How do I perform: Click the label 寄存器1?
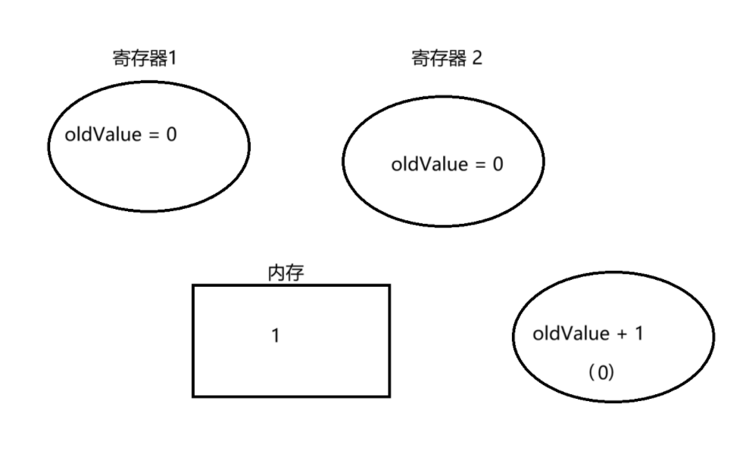point(144,59)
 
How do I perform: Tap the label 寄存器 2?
point(446,59)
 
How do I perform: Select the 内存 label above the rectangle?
point(286,273)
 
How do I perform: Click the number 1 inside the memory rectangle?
point(276,335)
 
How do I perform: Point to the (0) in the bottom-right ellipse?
point(601,373)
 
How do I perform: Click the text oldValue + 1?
point(588,334)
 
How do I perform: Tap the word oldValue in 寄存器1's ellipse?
point(103,135)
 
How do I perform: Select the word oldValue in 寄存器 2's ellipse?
point(429,164)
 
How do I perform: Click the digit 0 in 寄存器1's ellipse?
point(171,135)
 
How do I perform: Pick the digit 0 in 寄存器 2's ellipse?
point(498,164)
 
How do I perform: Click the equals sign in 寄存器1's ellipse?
point(154,136)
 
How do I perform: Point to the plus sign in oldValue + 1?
point(623,334)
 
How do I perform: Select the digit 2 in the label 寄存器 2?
point(476,59)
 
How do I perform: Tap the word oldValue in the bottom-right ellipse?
point(571,334)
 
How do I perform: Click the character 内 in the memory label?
point(276,273)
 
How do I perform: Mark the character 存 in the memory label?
point(295,273)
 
